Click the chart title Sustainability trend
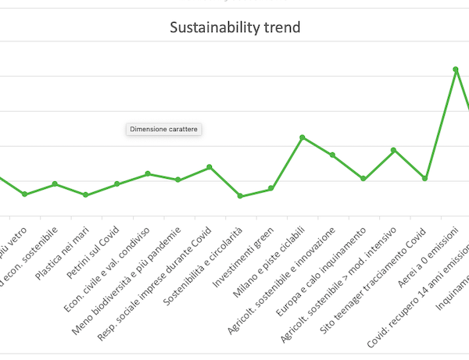(x=235, y=28)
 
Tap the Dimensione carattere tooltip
(x=164, y=129)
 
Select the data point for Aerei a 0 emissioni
(x=456, y=70)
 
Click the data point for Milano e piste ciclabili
(x=302, y=137)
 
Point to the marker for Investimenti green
(x=270, y=188)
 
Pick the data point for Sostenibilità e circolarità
(x=240, y=196)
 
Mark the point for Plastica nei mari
(x=85, y=194)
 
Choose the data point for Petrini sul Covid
(x=116, y=184)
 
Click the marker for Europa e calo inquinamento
(x=363, y=179)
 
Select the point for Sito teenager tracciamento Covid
(x=425, y=178)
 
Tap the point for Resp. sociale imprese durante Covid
(x=209, y=167)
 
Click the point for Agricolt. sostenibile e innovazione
(x=332, y=155)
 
